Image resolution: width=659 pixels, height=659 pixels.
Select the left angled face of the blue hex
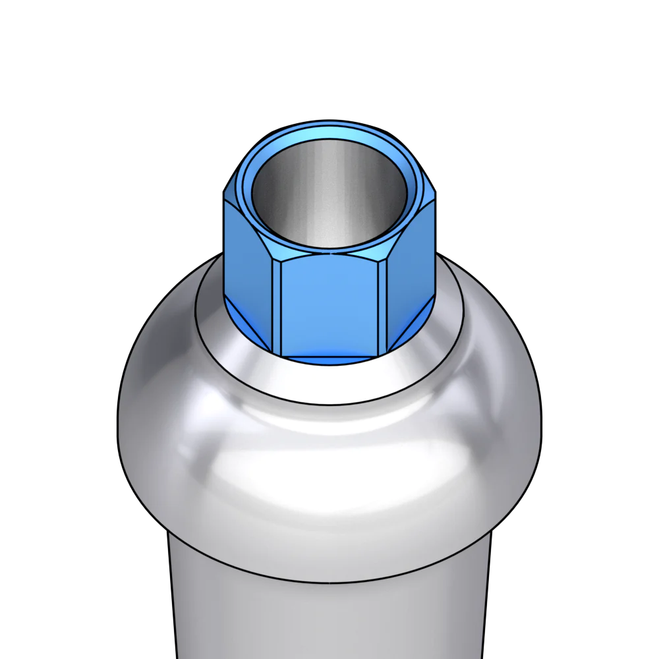247,264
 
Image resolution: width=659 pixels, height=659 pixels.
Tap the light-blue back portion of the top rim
329,132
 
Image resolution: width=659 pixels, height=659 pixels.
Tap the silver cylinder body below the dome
329,619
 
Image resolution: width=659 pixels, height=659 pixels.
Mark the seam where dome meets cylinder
329,583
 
